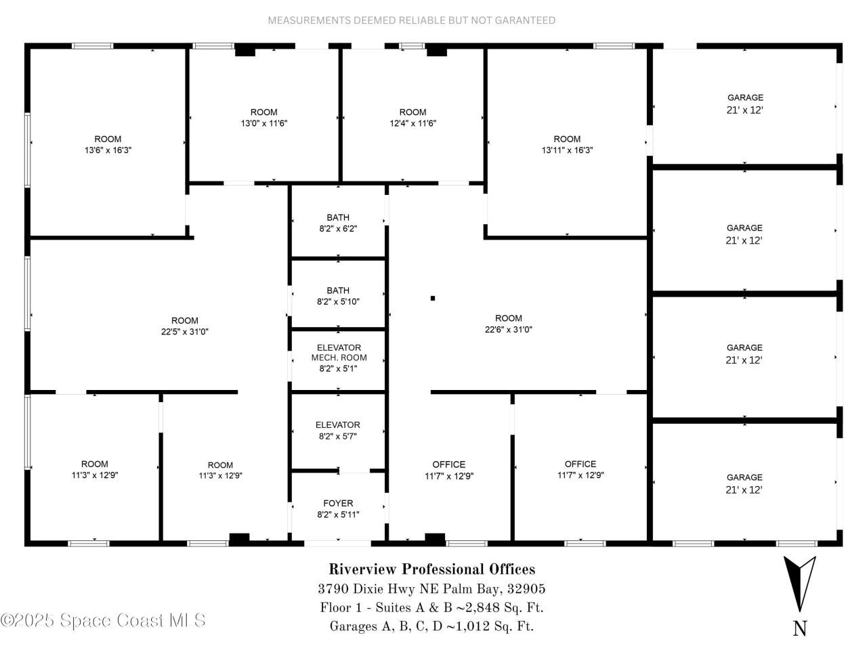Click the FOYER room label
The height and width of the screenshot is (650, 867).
pyautogui.click(x=338, y=503)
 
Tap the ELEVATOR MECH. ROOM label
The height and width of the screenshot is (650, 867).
pyautogui.click(x=339, y=353)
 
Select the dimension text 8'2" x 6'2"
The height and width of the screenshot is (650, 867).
pyautogui.click(x=338, y=229)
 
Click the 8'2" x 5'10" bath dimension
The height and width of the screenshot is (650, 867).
pyautogui.click(x=338, y=302)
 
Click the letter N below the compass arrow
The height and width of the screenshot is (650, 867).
pyautogui.click(x=799, y=628)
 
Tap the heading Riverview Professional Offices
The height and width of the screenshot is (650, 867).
pyautogui.click(x=431, y=569)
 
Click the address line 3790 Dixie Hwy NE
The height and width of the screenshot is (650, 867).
pyautogui.click(x=431, y=588)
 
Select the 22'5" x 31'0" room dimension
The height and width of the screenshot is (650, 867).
pyautogui.click(x=184, y=332)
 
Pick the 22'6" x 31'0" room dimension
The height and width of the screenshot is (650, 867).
pyautogui.click(x=508, y=330)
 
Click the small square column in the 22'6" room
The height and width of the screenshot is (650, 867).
pyautogui.click(x=433, y=298)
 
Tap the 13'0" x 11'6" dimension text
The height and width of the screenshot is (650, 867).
pyautogui.click(x=263, y=123)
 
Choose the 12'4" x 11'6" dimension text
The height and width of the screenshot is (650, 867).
pyautogui.click(x=413, y=123)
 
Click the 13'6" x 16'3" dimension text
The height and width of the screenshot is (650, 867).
pyautogui.click(x=108, y=150)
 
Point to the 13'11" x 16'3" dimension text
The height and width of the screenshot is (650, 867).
pyautogui.click(x=567, y=150)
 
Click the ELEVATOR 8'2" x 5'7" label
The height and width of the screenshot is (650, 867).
pyautogui.click(x=338, y=431)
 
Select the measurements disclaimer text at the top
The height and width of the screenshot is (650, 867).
pyautogui.click(x=411, y=20)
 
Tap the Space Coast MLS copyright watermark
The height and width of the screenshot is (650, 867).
pyautogui.click(x=103, y=620)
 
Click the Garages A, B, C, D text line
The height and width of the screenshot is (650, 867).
pyautogui.click(x=431, y=626)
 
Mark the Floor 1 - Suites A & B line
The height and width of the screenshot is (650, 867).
pyautogui.click(x=431, y=607)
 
